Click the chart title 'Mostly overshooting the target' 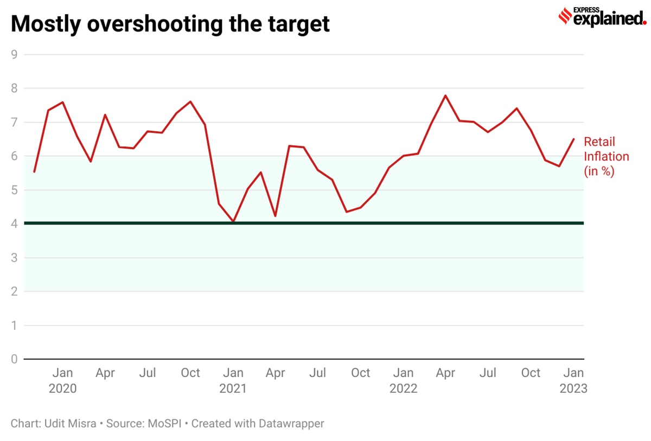pyautogui.click(x=170, y=24)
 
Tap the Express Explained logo pyautogui.click(x=601, y=17)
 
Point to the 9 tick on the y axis pyautogui.click(x=14, y=54)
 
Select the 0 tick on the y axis pyautogui.click(x=14, y=359)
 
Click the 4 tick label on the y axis pyautogui.click(x=14, y=223)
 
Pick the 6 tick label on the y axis pyautogui.click(x=14, y=156)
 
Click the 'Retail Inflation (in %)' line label pyautogui.click(x=606, y=156)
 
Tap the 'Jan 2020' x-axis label pyautogui.click(x=63, y=380)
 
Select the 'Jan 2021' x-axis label pyautogui.click(x=233, y=380)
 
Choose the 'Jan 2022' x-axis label pyautogui.click(x=404, y=380)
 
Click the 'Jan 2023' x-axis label pyautogui.click(x=574, y=380)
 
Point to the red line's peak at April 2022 pyautogui.click(x=445, y=95)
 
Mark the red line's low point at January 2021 pyautogui.click(x=233, y=221)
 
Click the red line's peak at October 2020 pyautogui.click(x=190, y=101)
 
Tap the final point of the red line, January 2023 pyautogui.click(x=574, y=139)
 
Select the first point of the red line pyautogui.click(x=34, y=172)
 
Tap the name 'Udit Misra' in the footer pyautogui.click(x=68, y=423)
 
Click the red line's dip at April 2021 pyautogui.click(x=276, y=216)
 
